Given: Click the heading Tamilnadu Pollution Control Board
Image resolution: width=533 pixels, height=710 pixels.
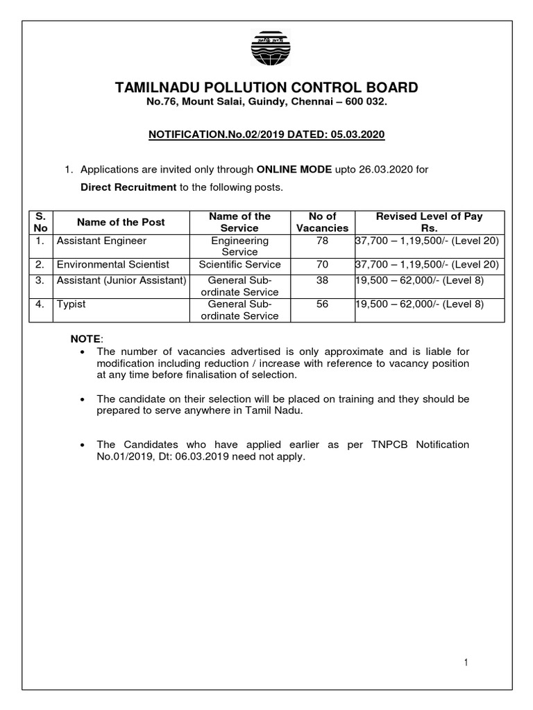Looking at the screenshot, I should pyautogui.click(x=266, y=87).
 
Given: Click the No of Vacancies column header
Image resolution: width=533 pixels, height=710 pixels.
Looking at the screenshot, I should pyautogui.click(x=322, y=222).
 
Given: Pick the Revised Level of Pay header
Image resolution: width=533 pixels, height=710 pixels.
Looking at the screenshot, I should pyautogui.click(x=429, y=222).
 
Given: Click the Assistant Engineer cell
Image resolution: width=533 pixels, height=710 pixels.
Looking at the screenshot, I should pyautogui.click(x=101, y=241).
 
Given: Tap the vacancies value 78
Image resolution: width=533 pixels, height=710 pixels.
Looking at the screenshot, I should pyautogui.click(x=322, y=241).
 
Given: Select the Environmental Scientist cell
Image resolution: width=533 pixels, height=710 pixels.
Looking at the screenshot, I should pyautogui.click(x=112, y=264).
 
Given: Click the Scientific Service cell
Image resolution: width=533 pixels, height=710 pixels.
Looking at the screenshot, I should pyautogui.click(x=239, y=264).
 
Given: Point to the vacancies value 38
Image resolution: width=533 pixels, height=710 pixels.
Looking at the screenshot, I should pyautogui.click(x=322, y=280).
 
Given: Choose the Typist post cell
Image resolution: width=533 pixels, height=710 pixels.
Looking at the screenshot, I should pyautogui.click(x=69, y=304).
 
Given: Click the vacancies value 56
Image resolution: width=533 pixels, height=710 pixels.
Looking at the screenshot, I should pyautogui.click(x=322, y=304).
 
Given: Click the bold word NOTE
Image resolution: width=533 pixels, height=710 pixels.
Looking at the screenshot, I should pyautogui.click(x=85, y=338).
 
